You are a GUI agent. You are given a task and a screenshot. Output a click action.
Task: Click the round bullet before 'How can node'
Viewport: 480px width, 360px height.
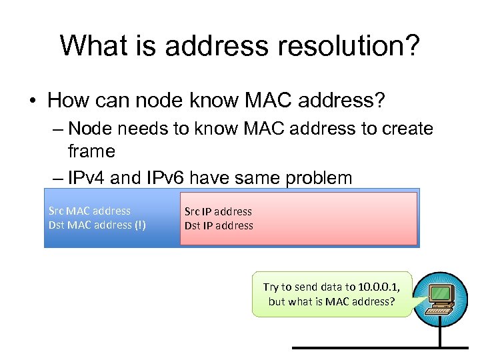31,101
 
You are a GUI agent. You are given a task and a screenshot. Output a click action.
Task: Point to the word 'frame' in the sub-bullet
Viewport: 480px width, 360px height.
91,151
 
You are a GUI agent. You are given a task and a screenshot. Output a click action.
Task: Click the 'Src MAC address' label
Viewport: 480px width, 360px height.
89,211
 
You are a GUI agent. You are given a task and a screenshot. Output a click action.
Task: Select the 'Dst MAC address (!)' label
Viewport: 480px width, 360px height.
97,225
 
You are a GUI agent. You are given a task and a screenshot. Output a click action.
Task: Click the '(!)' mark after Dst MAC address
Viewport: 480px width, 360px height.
139,225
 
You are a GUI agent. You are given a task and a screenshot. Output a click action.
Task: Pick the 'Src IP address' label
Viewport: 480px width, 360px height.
218,211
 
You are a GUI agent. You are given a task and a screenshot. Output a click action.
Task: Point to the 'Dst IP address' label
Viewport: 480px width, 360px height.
219,225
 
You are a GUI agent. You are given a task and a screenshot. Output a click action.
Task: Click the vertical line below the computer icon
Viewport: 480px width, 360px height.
440,333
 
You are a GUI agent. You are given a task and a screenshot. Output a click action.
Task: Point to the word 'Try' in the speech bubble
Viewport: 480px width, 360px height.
271,287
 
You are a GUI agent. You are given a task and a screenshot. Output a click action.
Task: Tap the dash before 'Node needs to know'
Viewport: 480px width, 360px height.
56,128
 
